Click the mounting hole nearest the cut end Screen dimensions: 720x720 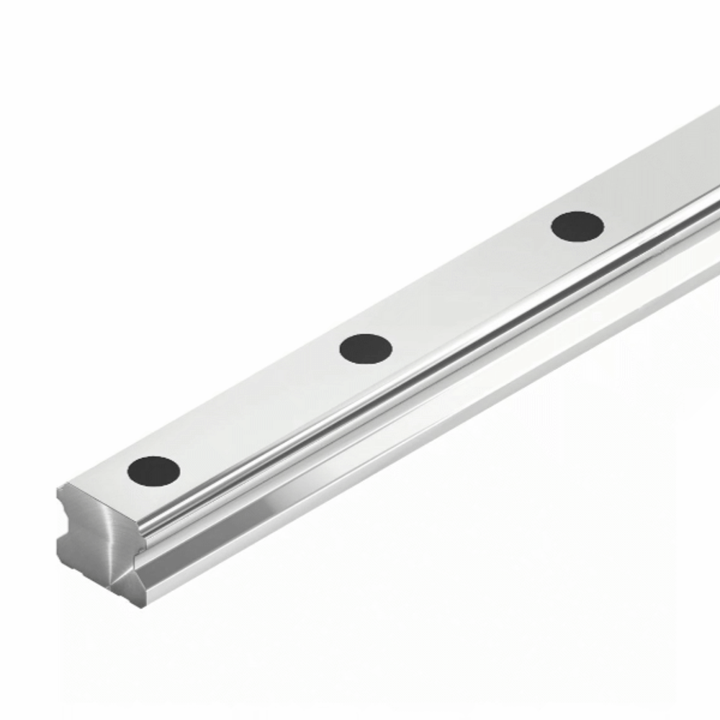[153, 470]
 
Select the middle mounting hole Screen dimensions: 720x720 [366, 348]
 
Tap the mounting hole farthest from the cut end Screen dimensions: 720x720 [577, 226]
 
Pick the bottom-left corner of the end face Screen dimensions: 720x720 [59, 562]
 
